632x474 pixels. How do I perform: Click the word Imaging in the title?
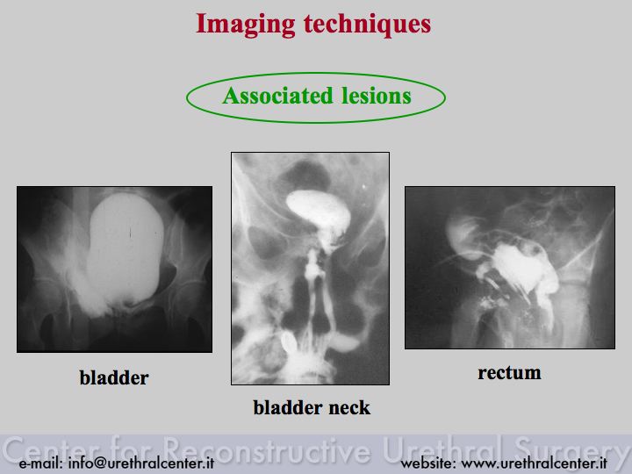(246, 25)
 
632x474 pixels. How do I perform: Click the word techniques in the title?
(367, 24)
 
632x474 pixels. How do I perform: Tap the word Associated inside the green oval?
(277, 96)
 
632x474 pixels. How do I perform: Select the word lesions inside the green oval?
(377, 96)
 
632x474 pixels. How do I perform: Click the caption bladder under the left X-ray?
(114, 377)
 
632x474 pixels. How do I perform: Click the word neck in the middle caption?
(349, 407)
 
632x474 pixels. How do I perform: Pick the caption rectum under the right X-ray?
(509, 373)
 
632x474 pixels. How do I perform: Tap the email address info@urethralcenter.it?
(141, 463)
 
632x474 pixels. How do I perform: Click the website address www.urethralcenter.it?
(534, 463)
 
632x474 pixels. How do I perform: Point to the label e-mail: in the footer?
(40, 463)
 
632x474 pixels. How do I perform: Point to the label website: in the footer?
(428, 463)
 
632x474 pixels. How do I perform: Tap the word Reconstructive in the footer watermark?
(268, 449)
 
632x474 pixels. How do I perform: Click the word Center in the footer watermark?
(53, 449)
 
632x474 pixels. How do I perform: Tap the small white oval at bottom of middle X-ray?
(289, 341)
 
